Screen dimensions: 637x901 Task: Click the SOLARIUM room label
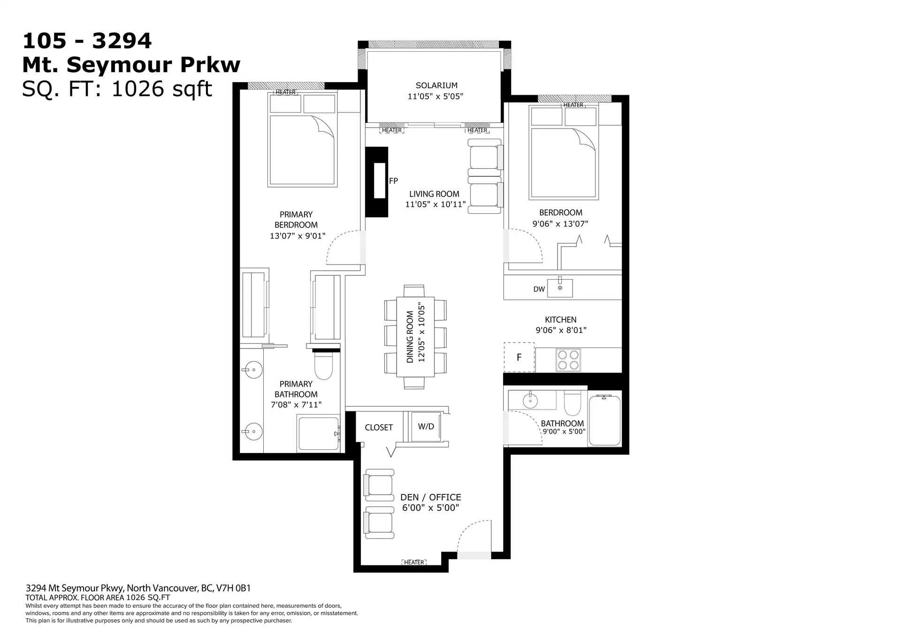[x=436, y=85]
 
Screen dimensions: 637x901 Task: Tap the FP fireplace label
[x=393, y=181]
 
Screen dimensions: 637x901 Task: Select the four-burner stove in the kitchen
[x=568, y=360]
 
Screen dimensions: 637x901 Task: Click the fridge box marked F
[x=519, y=357]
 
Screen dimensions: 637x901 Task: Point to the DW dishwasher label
[x=539, y=289]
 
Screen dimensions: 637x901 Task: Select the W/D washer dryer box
[x=426, y=426]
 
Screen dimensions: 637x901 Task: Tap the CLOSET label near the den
[x=379, y=428]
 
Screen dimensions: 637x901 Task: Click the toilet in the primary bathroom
[x=323, y=366]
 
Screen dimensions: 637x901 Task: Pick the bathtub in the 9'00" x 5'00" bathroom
[x=604, y=420]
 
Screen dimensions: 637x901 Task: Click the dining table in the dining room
[x=415, y=336]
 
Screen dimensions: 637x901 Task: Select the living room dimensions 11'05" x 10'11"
[x=435, y=205]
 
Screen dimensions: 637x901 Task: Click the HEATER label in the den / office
[x=414, y=562]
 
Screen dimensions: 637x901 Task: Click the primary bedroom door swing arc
[x=344, y=247]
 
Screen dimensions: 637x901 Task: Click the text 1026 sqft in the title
[x=162, y=89]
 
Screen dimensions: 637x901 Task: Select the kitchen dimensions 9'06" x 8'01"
[x=561, y=330]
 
